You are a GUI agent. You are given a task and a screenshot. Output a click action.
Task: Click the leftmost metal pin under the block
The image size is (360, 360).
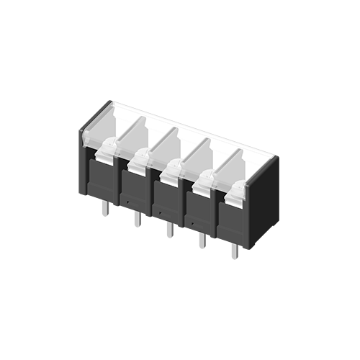(x=105, y=207)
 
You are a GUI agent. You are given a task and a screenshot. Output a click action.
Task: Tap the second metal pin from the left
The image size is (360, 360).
(x=137, y=219)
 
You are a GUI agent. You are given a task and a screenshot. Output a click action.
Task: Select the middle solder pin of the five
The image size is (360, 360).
(x=169, y=229)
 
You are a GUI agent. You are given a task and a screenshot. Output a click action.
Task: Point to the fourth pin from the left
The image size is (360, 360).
(x=202, y=240)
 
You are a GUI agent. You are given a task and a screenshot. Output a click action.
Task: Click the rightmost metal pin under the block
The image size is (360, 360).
(x=234, y=251)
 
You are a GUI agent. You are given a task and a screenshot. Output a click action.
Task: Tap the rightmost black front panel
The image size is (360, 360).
(x=232, y=222)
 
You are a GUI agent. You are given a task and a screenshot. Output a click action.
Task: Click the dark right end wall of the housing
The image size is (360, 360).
(x=263, y=202)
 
